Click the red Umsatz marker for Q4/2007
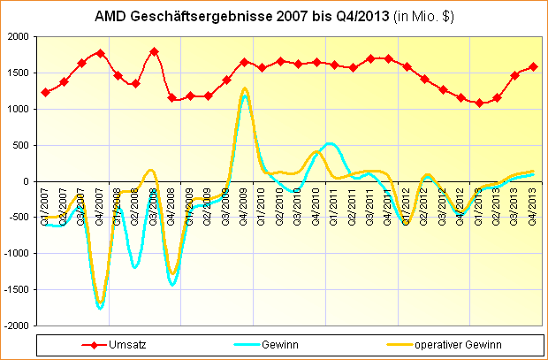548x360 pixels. [x=100, y=53]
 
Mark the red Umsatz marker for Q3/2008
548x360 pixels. [x=154, y=51]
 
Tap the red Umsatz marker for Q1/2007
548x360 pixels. [x=45, y=92]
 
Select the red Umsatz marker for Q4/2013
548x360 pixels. [x=533, y=66]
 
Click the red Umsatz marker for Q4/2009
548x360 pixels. [x=244, y=62]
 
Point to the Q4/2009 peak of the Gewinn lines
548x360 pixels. [x=244, y=89]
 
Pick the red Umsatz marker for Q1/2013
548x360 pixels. [x=479, y=103]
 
